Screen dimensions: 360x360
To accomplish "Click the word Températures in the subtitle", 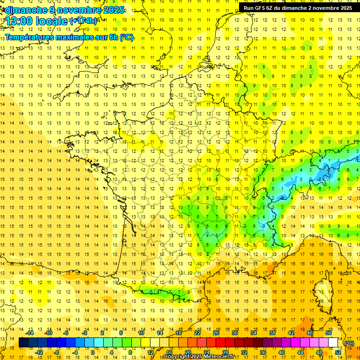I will point(28,37).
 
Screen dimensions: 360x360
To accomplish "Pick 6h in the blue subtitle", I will point(113,37).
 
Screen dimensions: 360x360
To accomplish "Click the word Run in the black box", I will point(248,8).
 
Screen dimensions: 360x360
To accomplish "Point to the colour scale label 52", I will point(338,352).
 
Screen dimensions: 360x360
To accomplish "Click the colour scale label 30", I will point(234,333).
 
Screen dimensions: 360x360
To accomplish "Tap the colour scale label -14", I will point(30,333).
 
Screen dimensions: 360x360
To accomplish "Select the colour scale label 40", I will point(282,352).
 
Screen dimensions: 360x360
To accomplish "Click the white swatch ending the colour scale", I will point(333,343).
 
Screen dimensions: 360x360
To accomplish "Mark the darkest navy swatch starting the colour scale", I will point(23,343).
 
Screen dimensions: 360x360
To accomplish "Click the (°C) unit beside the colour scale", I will point(349,343).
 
